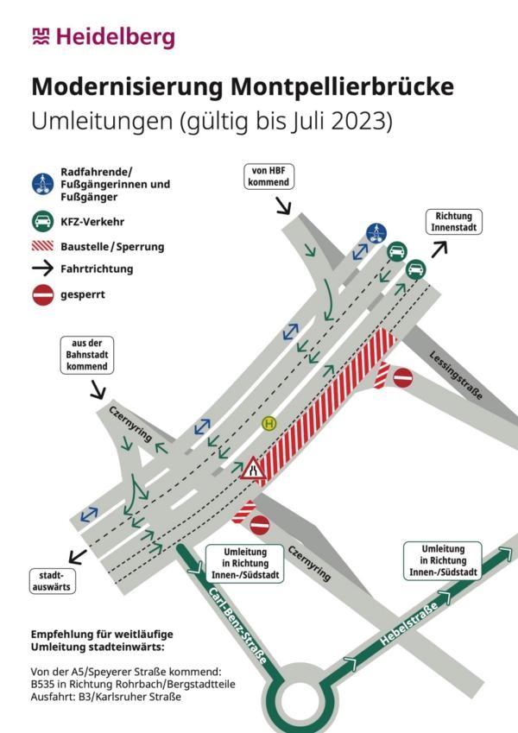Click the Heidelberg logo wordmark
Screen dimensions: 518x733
tap(104, 37)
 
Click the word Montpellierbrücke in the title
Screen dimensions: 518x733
tap(342, 86)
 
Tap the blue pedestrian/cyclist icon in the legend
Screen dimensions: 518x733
tap(43, 184)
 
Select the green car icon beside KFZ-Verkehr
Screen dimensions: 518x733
tap(43, 221)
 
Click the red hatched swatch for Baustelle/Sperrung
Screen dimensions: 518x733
tap(42, 246)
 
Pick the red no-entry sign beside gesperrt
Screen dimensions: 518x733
tap(43, 295)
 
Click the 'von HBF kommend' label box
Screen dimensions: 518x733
tap(268, 177)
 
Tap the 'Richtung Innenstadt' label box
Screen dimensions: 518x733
tap(453, 222)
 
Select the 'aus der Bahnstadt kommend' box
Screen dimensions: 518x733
tap(87, 355)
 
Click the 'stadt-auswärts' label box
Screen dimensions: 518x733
tap(53, 581)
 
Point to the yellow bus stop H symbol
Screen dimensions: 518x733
tap(268, 424)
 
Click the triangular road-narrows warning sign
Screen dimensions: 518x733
tap(253, 469)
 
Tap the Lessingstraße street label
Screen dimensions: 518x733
tap(455, 375)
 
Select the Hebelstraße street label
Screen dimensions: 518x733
tap(409, 623)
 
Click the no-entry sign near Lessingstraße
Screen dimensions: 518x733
tap(402, 377)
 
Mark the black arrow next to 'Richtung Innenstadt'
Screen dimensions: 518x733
tap(439, 250)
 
